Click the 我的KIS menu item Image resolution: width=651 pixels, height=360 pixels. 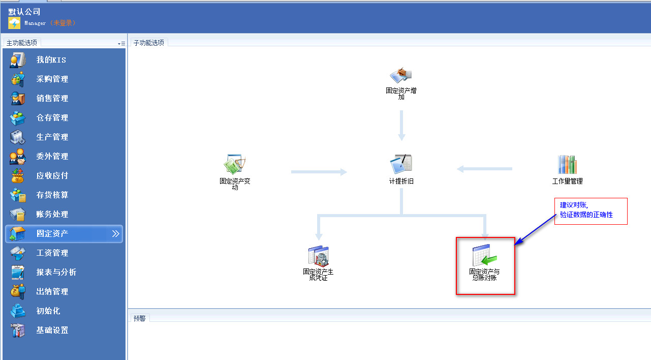[x=51, y=60]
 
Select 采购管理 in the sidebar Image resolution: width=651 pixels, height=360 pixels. [x=52, y=79]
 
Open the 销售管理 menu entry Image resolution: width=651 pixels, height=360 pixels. [x=52, y=99]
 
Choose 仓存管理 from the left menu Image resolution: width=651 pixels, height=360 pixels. [x=52, y=118]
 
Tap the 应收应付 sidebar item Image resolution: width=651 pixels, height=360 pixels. [x=52, y=176]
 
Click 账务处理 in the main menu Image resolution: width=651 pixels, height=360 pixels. [x=52, y=215]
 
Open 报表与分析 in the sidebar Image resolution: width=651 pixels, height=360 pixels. [x=56, y=273]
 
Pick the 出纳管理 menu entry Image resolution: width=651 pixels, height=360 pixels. [x=52, y=292]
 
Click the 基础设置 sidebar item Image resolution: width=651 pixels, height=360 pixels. [x=52, y=331]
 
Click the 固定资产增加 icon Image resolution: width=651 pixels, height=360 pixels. [x=401, y=76]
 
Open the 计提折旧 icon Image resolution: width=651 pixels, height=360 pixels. [x=401, y=164]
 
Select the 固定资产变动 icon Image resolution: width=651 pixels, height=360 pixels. [x=235, y=164]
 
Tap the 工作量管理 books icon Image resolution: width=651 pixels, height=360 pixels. [x=567, y=165]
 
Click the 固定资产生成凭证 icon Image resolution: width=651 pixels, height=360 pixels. [x=318, y=257]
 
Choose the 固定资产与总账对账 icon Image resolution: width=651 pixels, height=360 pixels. [x=484, y=256]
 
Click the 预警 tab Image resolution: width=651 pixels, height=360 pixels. [x=139, y=318]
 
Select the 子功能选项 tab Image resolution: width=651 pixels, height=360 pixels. [x=149, y=43]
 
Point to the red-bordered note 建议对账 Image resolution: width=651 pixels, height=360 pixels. [x=591, y=211]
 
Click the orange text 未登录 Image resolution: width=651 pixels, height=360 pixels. [x=63, y=23]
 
